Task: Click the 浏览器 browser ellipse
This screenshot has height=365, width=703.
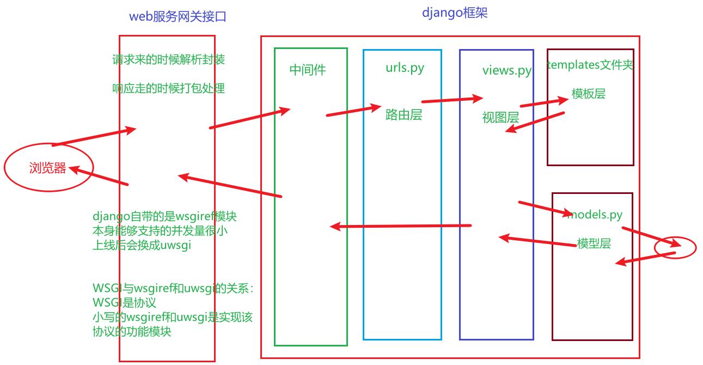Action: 48,168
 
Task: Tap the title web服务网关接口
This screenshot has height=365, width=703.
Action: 178,16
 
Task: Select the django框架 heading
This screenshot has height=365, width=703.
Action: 455,13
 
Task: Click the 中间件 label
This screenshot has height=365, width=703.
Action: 308,70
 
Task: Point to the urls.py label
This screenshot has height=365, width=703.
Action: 405,68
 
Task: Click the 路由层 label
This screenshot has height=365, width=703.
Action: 404,114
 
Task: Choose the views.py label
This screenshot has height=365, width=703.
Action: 506,71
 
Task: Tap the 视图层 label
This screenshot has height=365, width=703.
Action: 500,117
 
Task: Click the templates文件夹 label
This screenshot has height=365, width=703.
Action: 591,65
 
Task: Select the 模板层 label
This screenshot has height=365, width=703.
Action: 589,94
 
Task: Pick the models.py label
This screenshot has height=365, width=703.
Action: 595,215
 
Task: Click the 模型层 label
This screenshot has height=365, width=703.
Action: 594,244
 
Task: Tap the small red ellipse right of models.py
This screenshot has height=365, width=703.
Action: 675,248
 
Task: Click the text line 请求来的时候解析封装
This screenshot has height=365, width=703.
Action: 168,59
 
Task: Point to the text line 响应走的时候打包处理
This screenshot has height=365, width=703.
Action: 168,88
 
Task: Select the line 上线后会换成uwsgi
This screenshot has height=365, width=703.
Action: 142,245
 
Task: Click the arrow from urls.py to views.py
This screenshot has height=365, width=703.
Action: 452,100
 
